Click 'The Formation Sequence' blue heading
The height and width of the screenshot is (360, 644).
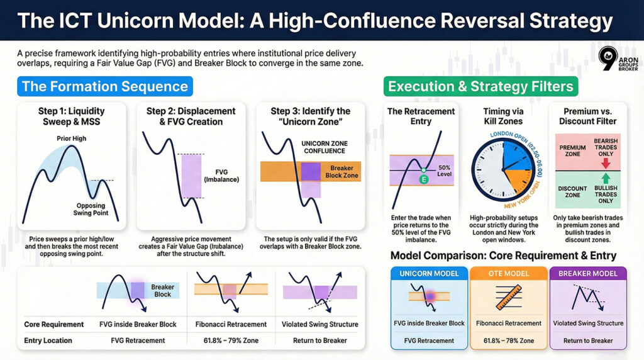(x=104, y=86)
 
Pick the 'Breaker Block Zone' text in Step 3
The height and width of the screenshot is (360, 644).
(x=342, y=172)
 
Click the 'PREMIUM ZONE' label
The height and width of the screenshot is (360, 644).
(x=573, y=150)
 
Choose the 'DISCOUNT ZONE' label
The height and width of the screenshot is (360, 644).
(x=573, y=192)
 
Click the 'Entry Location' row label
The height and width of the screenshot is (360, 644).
(x=48, y=340)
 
